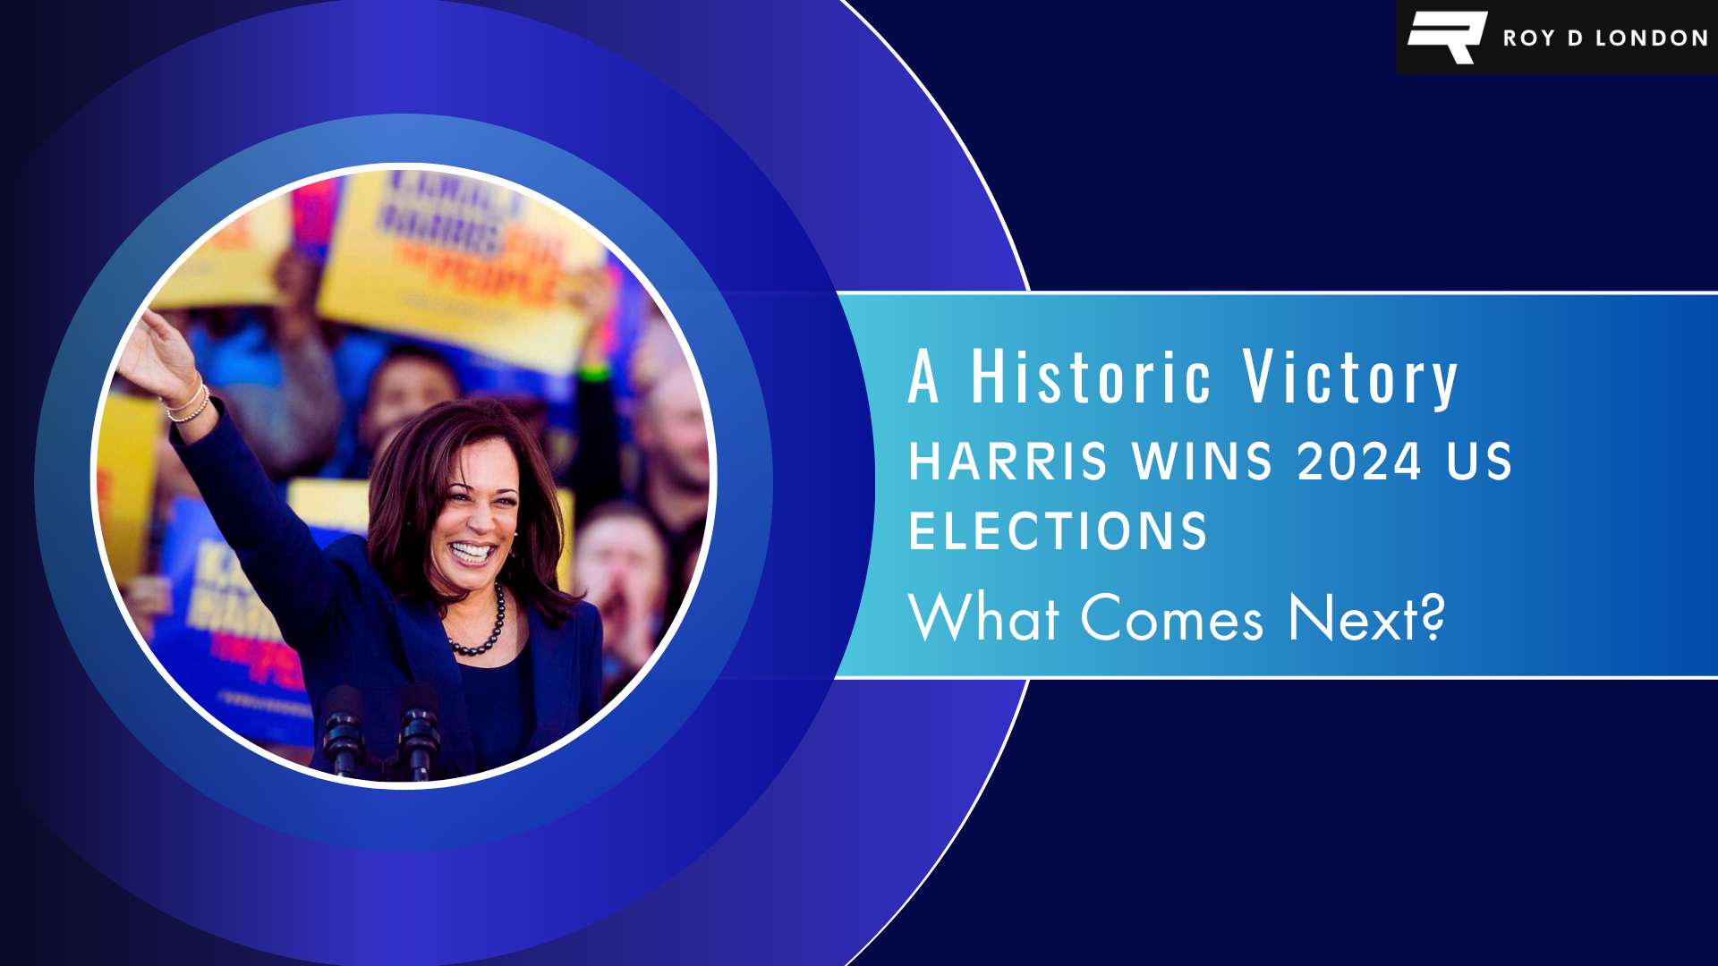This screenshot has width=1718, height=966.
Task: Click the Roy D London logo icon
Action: pos(1447,37)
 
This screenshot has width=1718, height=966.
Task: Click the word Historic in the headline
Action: pos(1092,377)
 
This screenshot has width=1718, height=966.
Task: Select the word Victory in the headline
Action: pos(1351,378)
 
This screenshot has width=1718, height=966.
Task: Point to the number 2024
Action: pos(1359,462)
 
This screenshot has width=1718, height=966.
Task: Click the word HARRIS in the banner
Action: pos(1008,462)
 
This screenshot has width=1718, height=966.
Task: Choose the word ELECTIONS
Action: pos(1058,531)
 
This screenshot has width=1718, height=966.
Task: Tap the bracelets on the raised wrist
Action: pos(189,403)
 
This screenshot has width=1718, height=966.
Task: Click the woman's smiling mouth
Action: pos(471,552)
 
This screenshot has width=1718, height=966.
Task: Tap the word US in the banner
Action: pos(1479,462)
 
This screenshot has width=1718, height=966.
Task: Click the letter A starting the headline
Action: pos(923,377)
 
